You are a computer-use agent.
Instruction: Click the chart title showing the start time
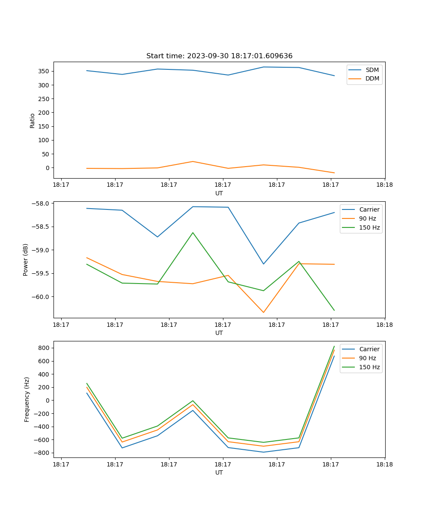click(x=219, y=56)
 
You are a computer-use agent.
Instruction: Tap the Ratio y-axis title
click(x=33, y=121)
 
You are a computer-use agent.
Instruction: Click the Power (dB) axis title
click(x=26, y=260)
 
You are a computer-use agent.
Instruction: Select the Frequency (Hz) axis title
click(x=27, y=399)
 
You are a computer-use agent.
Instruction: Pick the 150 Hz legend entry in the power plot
click(x=369, y=227)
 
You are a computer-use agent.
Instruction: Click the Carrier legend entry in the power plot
click(x=369, y=209)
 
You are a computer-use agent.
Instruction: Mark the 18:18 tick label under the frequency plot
click(x=384, y=464)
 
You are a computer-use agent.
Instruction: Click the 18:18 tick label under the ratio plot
click(x=384, y=185)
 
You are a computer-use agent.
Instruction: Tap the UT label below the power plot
click(x=219, y=333)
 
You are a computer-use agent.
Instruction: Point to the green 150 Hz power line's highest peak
click(x=193, y=233)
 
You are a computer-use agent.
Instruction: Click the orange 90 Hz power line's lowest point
click(x=263, y=312)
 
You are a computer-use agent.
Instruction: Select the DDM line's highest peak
click(x=193, y=161)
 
